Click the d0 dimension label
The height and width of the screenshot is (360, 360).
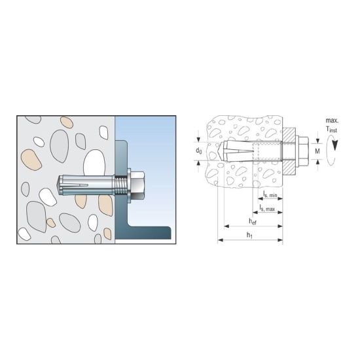pos(198,151)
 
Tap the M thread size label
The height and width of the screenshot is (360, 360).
pos(317,151)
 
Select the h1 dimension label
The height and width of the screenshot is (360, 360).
pos(249,235)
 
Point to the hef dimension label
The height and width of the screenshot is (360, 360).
pos(253,221)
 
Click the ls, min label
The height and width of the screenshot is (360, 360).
pos(270,194)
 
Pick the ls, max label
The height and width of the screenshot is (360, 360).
pos(268,208)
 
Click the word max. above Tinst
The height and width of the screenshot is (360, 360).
pos(332,120)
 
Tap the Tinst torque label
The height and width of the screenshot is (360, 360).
pos(332,130)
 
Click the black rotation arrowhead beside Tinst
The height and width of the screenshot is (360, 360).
pos(334,145)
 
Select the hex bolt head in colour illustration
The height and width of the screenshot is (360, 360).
pos(138,185)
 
